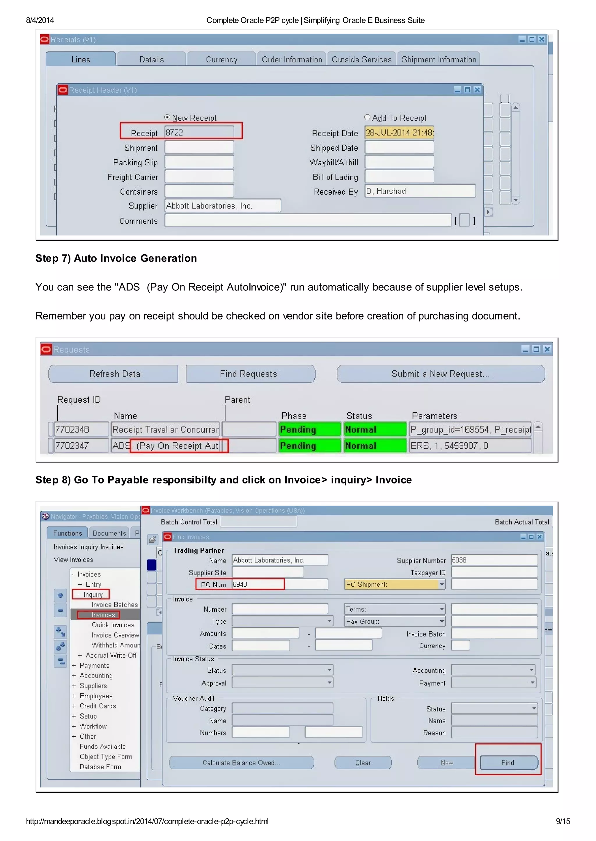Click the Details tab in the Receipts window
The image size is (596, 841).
151,59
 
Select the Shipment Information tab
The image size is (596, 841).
439,59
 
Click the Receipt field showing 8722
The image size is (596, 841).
199,133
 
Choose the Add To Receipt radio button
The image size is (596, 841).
367,117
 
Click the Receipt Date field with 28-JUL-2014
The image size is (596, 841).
399,133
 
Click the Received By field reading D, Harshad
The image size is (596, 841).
420,191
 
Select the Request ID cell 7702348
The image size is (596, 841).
81,429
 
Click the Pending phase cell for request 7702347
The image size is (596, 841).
309,446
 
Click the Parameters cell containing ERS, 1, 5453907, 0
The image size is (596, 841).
470,446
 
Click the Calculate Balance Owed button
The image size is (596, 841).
241,763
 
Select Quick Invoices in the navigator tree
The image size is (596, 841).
113,625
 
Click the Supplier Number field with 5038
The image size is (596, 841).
494,560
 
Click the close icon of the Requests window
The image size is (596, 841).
547,349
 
